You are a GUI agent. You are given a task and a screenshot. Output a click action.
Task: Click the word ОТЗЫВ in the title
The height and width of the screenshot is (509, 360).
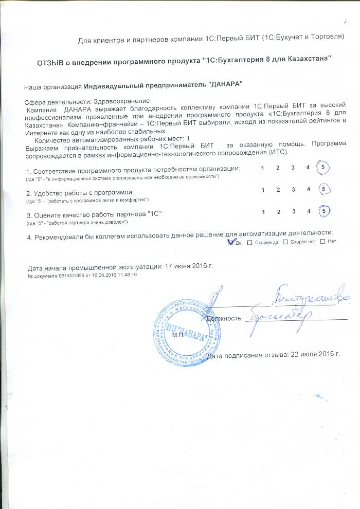[x=52, y=62]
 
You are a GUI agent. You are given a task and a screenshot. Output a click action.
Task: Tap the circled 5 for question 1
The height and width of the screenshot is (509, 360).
[x=323, y=168]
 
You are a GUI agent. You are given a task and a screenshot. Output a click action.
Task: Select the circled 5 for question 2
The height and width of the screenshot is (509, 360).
[x=323, y=189]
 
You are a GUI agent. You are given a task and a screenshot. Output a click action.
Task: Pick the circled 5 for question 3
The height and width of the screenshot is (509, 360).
[x=323, y=211]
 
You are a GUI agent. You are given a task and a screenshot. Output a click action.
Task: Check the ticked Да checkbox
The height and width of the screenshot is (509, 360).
[x=230, y=242]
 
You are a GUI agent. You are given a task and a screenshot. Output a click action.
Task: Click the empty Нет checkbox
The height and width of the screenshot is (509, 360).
[x=323, y=242]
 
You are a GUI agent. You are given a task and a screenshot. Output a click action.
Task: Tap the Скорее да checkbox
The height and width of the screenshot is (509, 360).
[x=250, y=242]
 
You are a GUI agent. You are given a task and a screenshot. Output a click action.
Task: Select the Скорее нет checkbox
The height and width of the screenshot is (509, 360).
[x=287, y=242]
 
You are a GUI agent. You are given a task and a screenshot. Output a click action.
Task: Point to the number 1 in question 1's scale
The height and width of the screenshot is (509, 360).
[x=262, y=168]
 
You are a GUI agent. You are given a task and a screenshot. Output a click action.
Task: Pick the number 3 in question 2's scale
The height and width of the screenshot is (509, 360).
[x=293, y=190]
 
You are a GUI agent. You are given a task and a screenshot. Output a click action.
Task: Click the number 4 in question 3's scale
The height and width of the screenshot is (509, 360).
[x=308, y=211]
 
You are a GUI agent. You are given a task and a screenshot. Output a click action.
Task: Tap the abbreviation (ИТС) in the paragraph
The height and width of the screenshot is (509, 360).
[x=279, y=153]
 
